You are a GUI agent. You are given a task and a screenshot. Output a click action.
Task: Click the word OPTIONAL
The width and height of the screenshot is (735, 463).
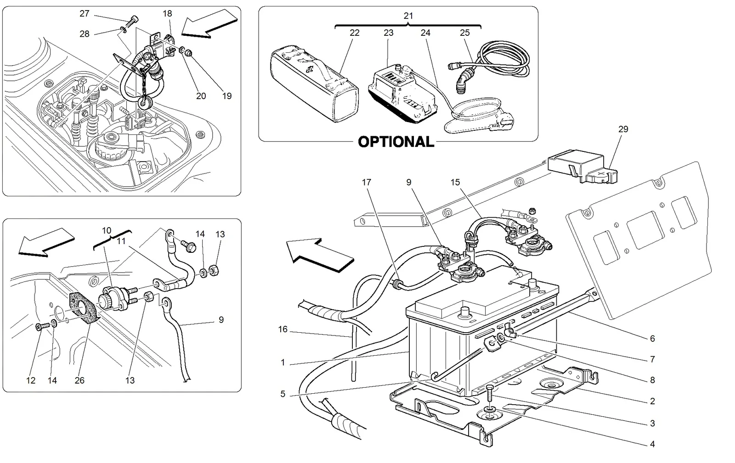pyautogui.click(x=396, y=142)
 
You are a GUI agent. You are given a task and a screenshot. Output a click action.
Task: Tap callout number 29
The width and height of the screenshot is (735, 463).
pyautogui.click(x=623, y=129)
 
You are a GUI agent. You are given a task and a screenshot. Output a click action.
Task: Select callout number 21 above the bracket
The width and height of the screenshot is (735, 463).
pyautogui.click(x=408, y=16)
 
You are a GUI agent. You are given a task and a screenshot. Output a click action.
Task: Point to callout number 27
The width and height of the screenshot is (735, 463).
pyautogui.click(x=85, y=13)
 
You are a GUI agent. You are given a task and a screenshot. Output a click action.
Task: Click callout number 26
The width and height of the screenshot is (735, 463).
pyautogui.click(x=79, y=380)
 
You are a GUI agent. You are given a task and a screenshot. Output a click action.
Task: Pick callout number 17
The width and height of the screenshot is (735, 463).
pyautogui.click(x=366, y=182)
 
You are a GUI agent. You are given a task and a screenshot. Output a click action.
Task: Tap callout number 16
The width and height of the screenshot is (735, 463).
pyautogui.click(x=283, y=329)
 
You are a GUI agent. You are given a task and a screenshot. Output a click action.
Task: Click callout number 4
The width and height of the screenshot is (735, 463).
pyautogui.click(x=652, y=444)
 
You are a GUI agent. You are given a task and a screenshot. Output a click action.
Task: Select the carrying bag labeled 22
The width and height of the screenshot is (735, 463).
pyautogui.click(x=314, y=84)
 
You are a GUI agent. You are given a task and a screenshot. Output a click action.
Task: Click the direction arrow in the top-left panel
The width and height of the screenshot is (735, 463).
pyautogui.click(x=209, y=23)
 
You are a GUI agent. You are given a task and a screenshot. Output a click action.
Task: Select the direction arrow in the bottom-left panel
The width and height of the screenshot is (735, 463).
pyautogui.click(x=46, y=242)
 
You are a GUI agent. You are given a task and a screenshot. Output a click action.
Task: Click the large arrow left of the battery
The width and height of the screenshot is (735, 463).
pyautogui.click(x=320, y=255)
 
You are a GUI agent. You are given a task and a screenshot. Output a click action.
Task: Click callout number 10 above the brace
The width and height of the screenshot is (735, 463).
pyautogui.click(x=106, y=231)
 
